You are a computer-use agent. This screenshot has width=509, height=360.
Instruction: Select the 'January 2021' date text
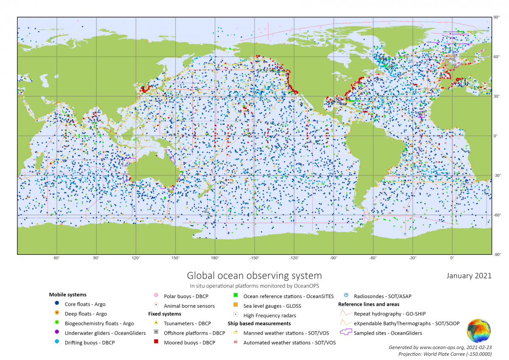coord(469,276)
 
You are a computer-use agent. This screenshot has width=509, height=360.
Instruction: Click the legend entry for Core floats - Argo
coord(85,304)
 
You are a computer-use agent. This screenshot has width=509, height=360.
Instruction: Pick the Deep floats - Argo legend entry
coord(86,314)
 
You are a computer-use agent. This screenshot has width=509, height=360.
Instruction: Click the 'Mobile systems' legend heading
coord(67,295)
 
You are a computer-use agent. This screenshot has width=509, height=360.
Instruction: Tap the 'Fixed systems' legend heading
coord(165,314)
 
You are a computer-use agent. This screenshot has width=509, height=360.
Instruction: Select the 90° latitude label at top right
coord(496,17)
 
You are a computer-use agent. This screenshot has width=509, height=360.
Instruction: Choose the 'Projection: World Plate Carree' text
coord(445,354)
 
